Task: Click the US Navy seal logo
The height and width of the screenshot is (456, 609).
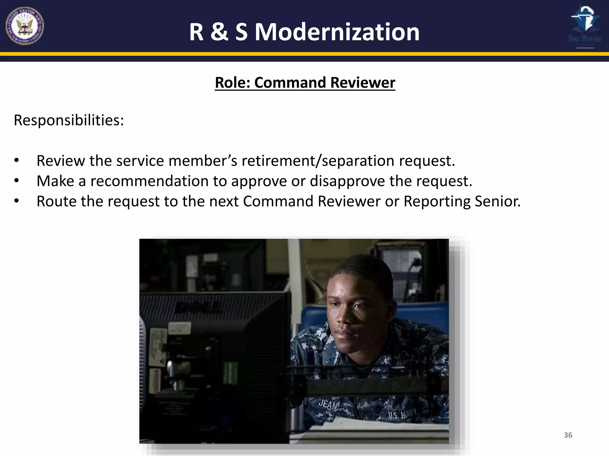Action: tap(25, 26)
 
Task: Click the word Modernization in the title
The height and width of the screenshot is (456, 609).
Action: tap(337, 32)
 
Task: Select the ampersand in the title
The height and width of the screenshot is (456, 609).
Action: tap(219, 32)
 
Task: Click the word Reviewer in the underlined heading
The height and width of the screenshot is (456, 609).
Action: tap(362, 83)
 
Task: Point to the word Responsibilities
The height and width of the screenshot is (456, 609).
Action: tap(69, 120)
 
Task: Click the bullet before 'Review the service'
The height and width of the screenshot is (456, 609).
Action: tap(17, 161)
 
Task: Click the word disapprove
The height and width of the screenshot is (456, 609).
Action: tap(347, 181)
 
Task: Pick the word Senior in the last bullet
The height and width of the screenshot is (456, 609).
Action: tap(497, 201)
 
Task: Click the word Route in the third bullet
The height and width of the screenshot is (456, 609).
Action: tap(56, 201)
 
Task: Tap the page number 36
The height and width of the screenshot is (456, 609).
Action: tap(568, 435)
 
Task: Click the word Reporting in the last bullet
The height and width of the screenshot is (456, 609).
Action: tap(437, 201)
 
